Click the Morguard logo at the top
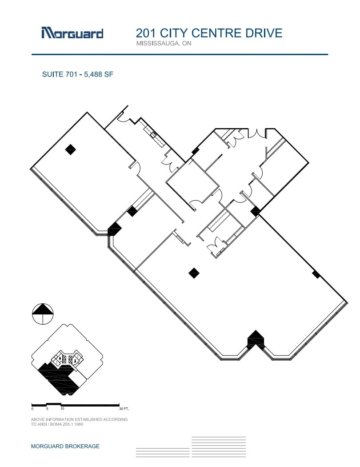point(72,33)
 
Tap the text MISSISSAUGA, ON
point(163,44)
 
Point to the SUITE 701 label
point(58,75)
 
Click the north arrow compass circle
point(43,314)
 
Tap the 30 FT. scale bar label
point(124,408)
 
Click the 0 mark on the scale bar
point(32,408)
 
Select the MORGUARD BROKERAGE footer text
point(65,446)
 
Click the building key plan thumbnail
point(67,359)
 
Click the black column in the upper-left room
point(70,149)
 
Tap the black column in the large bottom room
point(194,273)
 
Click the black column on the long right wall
point(316,274)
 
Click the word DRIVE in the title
point(264,33)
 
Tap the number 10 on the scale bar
point(62,408)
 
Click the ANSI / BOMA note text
point(79,422)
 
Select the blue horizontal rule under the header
point(180,54)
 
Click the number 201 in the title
point(145,33)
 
